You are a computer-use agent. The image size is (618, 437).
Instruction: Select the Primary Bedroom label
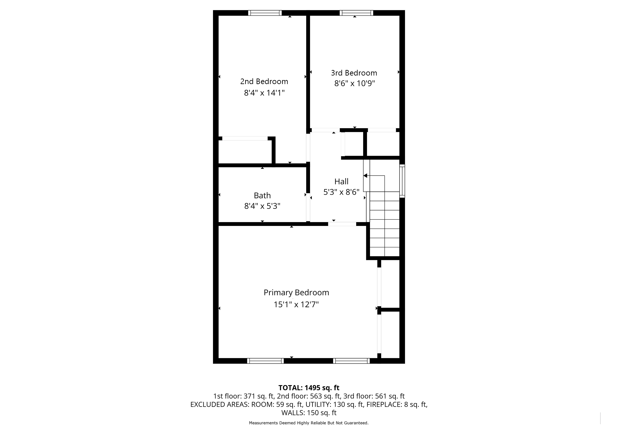296,293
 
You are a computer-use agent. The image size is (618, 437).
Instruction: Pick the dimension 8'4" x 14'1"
264,93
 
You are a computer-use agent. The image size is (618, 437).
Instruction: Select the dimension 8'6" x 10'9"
354,83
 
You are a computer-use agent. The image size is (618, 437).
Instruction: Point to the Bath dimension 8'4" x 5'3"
262,206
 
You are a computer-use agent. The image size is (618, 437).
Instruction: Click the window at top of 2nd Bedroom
265,13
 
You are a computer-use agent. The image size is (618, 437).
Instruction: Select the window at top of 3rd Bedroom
356,13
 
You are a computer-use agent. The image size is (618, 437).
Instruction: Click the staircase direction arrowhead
365,176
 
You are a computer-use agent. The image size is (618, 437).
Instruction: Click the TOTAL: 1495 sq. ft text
309,388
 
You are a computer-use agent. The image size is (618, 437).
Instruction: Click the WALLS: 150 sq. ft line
309,413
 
